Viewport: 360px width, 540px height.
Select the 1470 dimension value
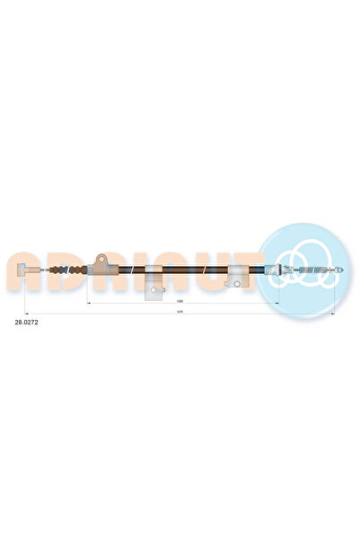click(x=180, y=312)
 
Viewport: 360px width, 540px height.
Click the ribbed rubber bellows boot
click(x=60, y=270)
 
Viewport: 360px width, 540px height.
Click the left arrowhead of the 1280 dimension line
click(x=89, y=305)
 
